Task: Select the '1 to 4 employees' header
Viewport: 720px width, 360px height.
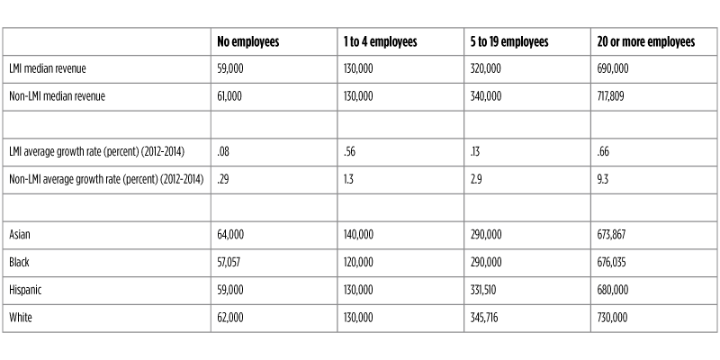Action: point(380,42)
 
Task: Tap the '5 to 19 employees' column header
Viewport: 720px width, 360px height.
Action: point(509,42)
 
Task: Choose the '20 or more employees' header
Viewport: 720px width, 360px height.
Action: point(645,42)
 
